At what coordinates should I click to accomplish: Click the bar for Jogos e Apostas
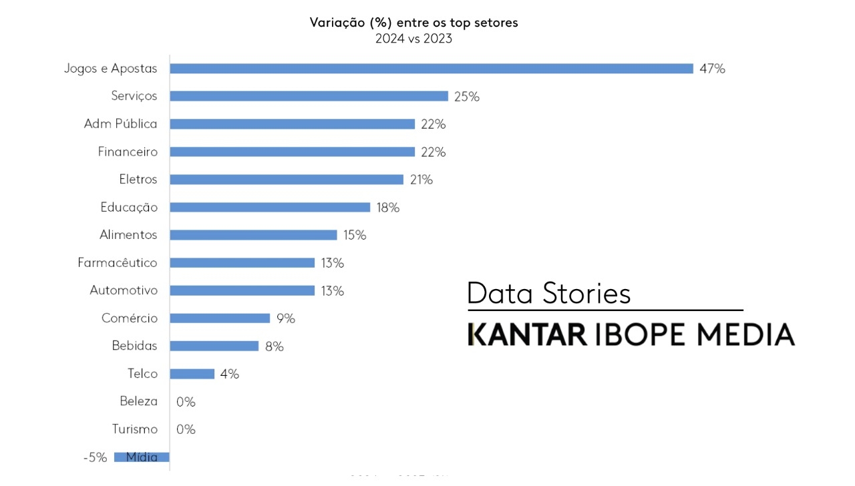click(431, 68)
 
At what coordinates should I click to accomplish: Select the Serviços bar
click(309, 96)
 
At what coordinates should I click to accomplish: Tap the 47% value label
click(712, 69)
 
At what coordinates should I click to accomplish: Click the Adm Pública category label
click(120, 124)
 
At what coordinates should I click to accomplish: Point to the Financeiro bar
click(292, 152)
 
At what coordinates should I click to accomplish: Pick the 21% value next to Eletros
click(421, 180)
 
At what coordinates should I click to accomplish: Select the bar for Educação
click(270, 207)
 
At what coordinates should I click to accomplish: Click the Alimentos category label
click(128, 235)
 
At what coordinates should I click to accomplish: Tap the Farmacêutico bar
click(242, 262)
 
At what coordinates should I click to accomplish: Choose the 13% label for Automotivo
click(332, 291)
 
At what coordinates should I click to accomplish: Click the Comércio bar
click(220, 318)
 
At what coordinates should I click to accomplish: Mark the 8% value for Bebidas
click(274, 346)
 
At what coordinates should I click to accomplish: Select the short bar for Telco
click(192, 374)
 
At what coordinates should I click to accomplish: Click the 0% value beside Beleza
click(186, 402)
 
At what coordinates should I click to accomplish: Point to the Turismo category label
click(135, 429)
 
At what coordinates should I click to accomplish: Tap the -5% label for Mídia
click(95, 457)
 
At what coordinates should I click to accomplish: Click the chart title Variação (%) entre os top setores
click(413, 23)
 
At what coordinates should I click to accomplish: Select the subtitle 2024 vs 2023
click(413, 39)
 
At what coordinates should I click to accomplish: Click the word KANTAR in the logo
click(527, 334)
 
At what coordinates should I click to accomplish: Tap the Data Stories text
click(548, 294)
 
